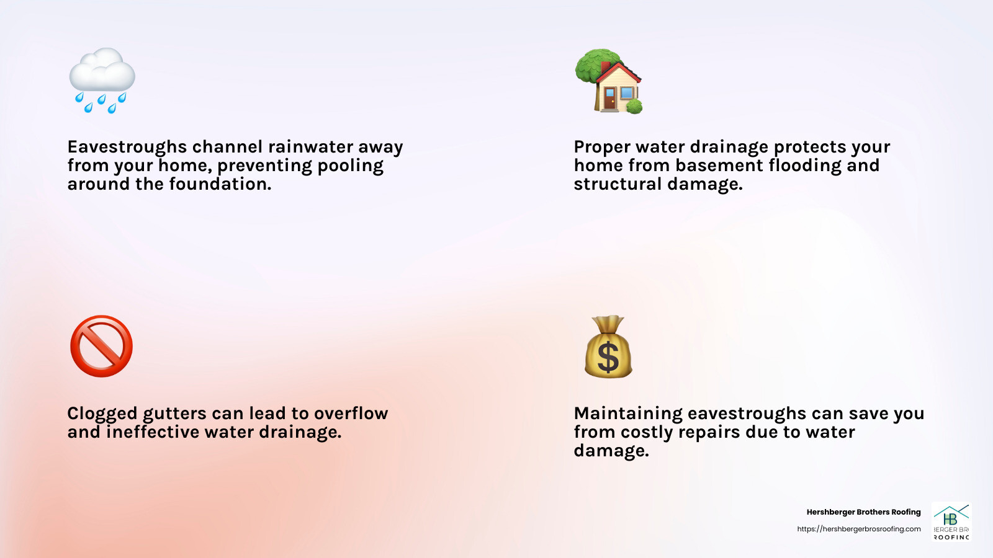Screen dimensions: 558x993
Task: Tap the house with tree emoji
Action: pos(609,81)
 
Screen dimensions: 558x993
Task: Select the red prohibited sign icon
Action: pos(102,347)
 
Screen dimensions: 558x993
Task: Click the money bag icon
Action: pos(608,347)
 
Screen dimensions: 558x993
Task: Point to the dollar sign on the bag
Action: pos(608,358)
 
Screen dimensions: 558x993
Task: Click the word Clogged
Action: pos(102,414)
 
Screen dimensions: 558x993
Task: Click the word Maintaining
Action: pos(628,414)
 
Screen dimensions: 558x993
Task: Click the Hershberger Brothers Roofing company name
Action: pos(863,512)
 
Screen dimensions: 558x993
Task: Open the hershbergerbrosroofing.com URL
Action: pos(859,529)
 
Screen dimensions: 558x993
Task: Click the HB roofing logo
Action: pos(951,521)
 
